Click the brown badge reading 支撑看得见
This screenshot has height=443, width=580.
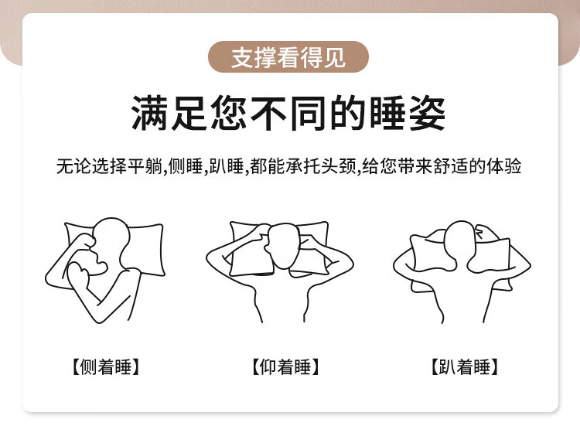coord(288,57)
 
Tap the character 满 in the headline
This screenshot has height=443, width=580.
coord(150,113)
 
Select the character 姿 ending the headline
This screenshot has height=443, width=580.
coord(427,113)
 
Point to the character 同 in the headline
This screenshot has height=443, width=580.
coord(308,113)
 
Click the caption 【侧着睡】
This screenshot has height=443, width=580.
coord(105,366)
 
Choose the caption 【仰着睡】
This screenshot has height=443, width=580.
coord(285,366)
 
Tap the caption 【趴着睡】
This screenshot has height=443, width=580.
coord(465,366)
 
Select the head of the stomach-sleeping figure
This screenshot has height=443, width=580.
coord(460,240)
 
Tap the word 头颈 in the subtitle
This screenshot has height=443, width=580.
coord(339,166)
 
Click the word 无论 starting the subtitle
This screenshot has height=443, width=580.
coord(73,166)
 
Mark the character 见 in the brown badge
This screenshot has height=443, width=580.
coord(335,57)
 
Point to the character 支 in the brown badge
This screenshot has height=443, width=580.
coord(242,57)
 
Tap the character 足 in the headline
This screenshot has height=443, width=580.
coord(189,113)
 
